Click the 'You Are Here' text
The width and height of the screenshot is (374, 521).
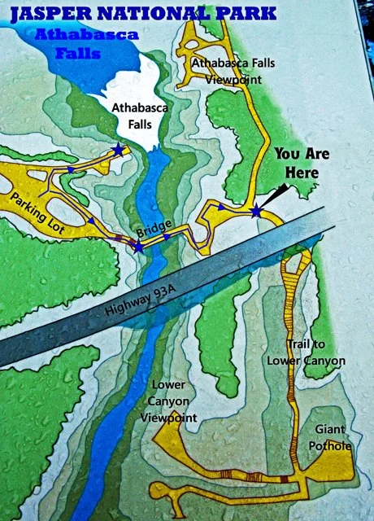297,163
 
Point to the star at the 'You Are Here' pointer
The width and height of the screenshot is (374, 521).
257,212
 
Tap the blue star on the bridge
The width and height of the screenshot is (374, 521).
139,246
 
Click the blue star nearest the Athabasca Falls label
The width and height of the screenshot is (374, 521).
120,150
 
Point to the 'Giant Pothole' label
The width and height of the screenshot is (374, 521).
329,437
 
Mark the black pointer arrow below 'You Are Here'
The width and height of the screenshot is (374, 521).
274,193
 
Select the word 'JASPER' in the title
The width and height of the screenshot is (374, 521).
46,12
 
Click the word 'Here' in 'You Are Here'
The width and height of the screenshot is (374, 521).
297,173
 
